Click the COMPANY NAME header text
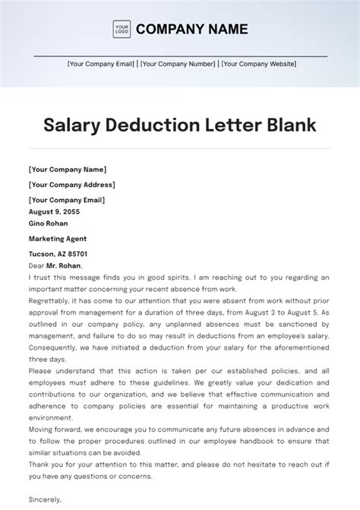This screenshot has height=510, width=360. tap(191, 30)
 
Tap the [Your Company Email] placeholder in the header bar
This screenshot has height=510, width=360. tap(102, 65)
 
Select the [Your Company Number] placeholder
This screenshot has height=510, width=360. tap(177, 65)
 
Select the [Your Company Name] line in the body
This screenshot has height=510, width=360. tap(67, 169)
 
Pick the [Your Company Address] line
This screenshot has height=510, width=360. tap(71, 185)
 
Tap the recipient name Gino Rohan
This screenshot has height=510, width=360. tap(48, 223)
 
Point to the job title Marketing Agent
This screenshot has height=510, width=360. tap(58, 239)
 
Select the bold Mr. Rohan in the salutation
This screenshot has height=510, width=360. tap(62, 266)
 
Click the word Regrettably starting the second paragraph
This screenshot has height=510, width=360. tap(47, 302)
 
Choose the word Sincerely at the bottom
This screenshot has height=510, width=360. tap(45, 500)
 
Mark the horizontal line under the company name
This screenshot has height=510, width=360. tap(180, 55)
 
